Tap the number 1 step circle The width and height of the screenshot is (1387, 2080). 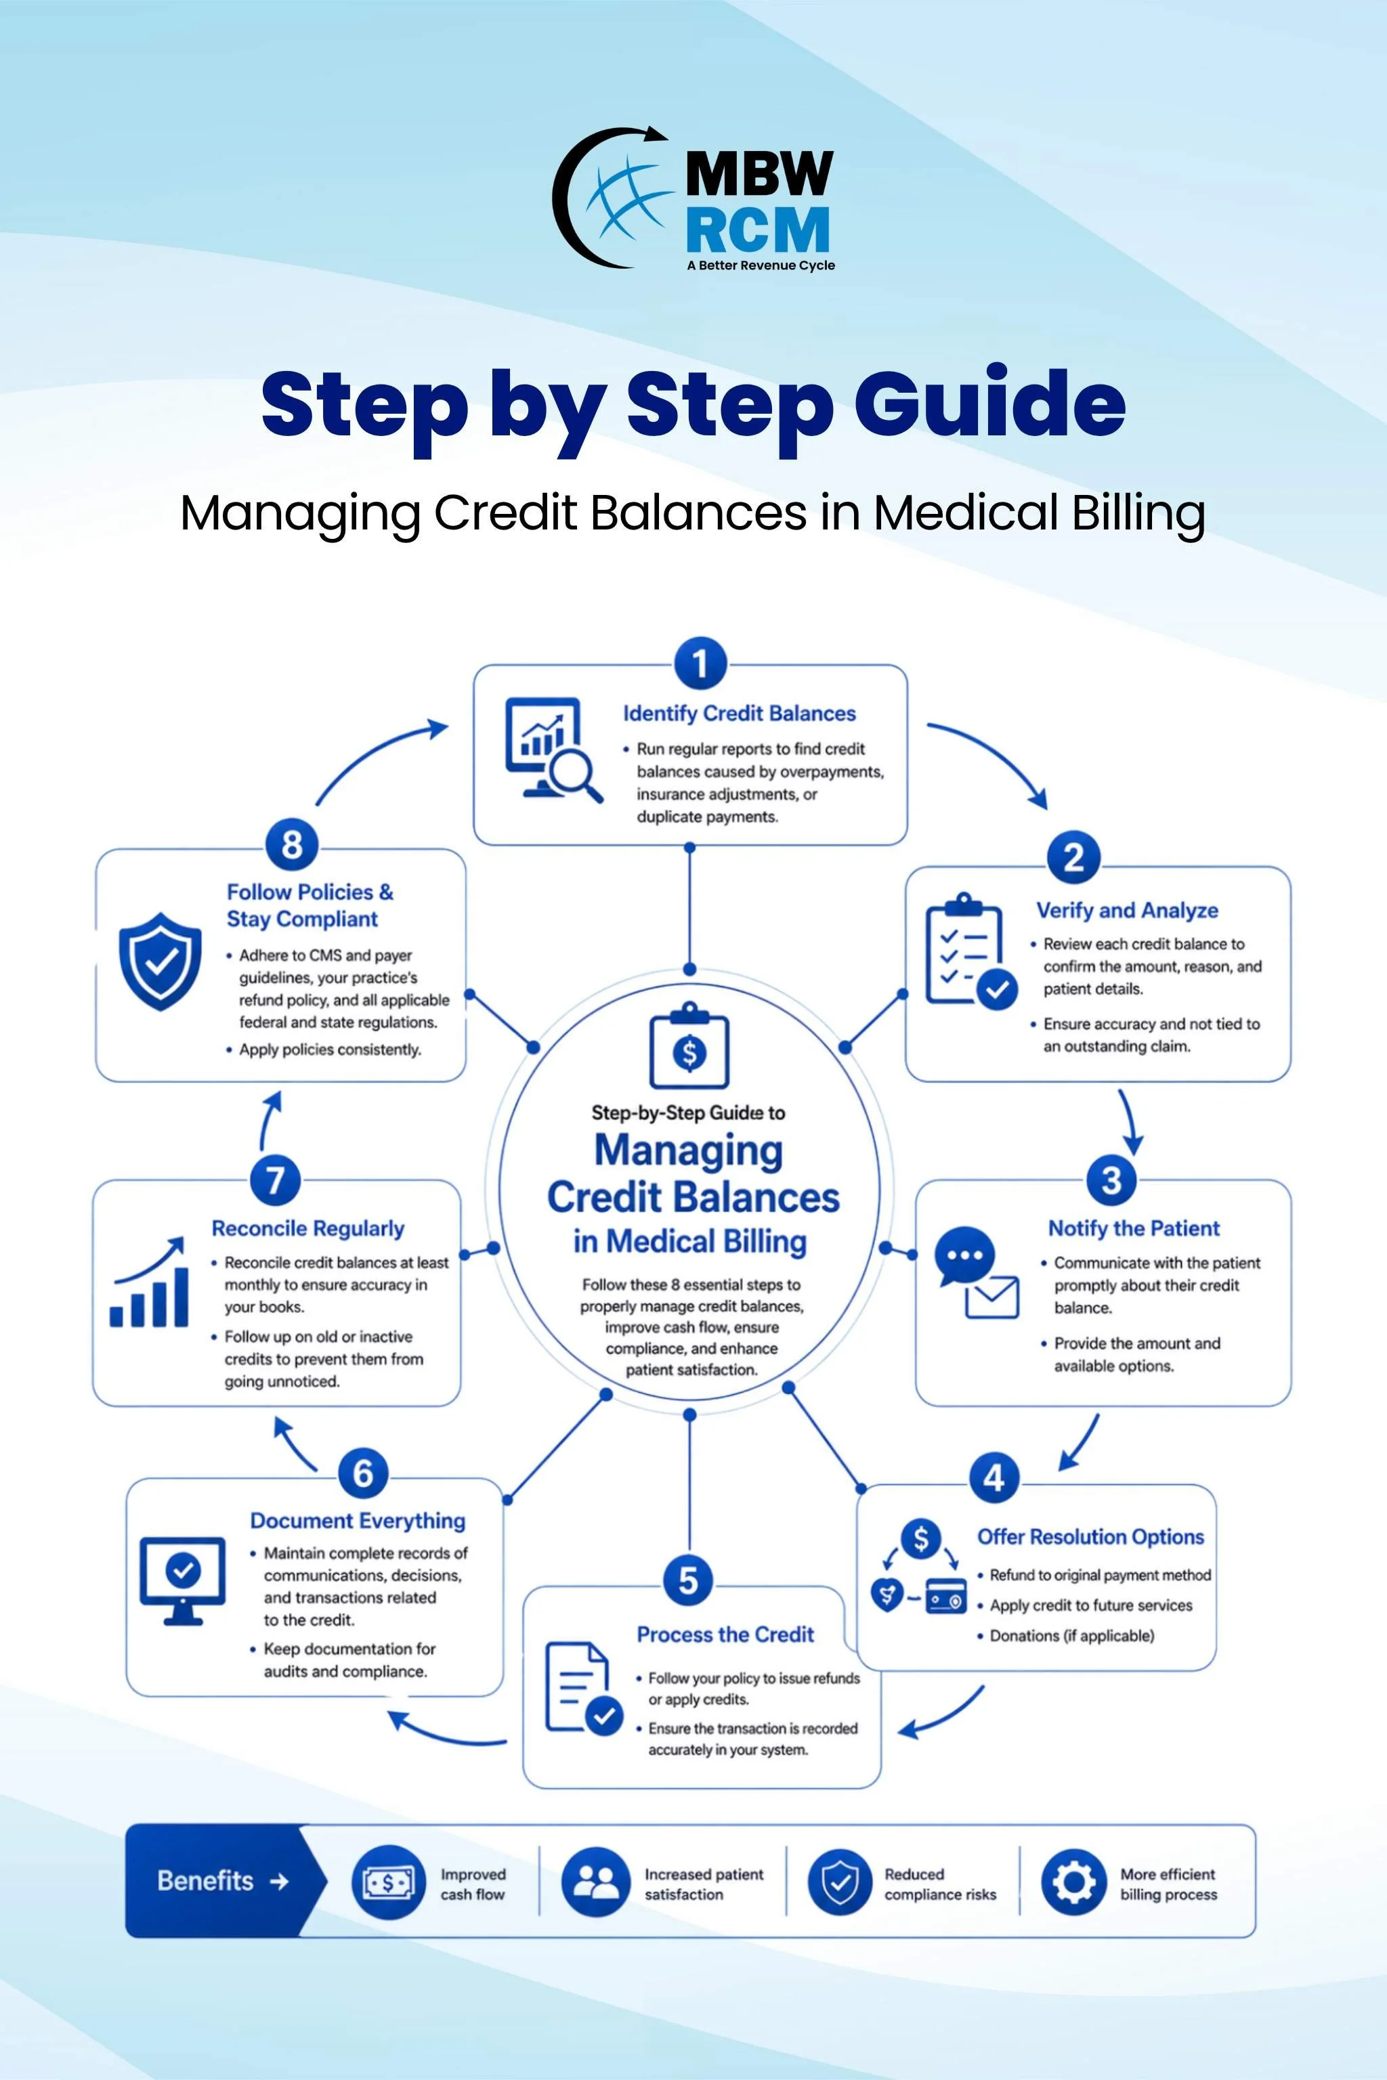[x=700, y=664]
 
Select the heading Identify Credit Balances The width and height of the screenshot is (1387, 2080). [x=739, y=714]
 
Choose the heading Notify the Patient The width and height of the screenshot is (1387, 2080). [x=1133, y=1228]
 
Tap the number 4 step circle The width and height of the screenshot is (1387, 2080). [x=994, y=1477]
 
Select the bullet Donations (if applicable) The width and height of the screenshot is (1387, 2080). [x=1071, y=1635]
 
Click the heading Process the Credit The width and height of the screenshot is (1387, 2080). [x=725, y=1634]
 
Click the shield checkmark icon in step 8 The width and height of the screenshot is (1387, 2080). [x=160, y=961]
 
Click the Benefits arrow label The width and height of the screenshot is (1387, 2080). [x=222, y=1880]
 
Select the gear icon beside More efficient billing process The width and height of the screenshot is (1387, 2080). [x=1073, y=1882]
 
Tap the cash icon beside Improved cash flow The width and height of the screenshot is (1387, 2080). [x=388, y=1882]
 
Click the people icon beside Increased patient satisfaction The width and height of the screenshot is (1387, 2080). [x=595, y=1882]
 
